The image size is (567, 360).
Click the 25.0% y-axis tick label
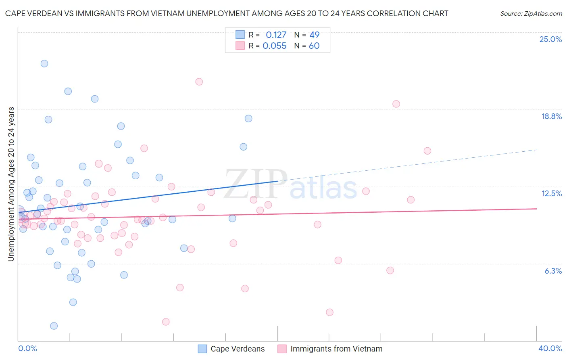(x=550, y=39)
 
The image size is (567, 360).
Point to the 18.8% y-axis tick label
(x=551, y=116)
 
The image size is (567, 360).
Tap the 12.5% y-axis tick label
(x=551, y=193)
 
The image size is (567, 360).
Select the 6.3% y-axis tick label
(x=553, y=271)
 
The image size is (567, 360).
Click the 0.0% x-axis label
(x=27, y=348)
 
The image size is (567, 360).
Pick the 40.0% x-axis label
(x=550, y=348)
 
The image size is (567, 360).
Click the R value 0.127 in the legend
(x=276, y=35)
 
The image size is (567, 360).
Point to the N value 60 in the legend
(x=314, y=46)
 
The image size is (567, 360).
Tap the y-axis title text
(x=11, y=184)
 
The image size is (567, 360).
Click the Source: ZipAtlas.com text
(x=531, y=13)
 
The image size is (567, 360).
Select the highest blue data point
(x=44, y=63)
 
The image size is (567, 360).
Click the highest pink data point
(x=199, y=82)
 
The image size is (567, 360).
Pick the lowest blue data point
(x=54, y=326)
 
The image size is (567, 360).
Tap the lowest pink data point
(x=166, y=322)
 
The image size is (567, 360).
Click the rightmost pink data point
(x=427, y=151)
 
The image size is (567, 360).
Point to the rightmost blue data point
(x=248, y=119)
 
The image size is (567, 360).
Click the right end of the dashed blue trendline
(x=537, y=150)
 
